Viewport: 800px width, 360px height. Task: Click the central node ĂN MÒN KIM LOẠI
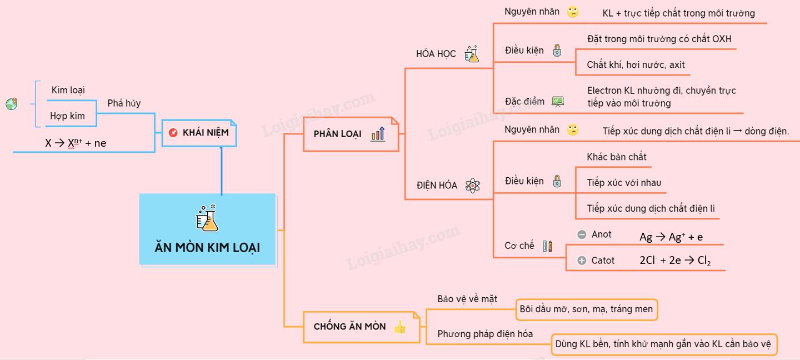[x=207, y=229]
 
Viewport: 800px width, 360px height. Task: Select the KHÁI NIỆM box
[x=199, y=133]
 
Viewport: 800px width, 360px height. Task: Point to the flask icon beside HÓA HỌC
[x=472, y=54]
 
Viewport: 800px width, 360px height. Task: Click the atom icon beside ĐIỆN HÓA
[x=473, y=186]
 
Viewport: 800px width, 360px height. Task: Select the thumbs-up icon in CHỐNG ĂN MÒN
[x=399, y=327]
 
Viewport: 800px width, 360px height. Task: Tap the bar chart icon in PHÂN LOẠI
[x=378, y=133]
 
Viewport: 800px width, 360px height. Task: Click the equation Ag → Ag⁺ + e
[x=671, y=237]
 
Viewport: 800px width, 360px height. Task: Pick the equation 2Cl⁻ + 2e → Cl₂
[x=675, y=260]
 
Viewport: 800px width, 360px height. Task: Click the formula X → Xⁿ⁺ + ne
[x=76, y=143]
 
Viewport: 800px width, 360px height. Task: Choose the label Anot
[x=601, y=234]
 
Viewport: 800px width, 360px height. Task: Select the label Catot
[x=603, y=261]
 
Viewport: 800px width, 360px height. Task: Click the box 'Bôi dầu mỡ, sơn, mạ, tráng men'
[x=586, y=309]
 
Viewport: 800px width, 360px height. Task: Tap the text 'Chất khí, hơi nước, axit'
[x=636, y=65]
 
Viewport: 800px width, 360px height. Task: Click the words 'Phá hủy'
[x=124, y=103]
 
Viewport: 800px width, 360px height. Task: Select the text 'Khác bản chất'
[x=617, y=157]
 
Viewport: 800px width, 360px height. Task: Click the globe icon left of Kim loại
[x=12, y=104]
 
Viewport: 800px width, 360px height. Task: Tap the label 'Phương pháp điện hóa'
[x=485, y=334]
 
